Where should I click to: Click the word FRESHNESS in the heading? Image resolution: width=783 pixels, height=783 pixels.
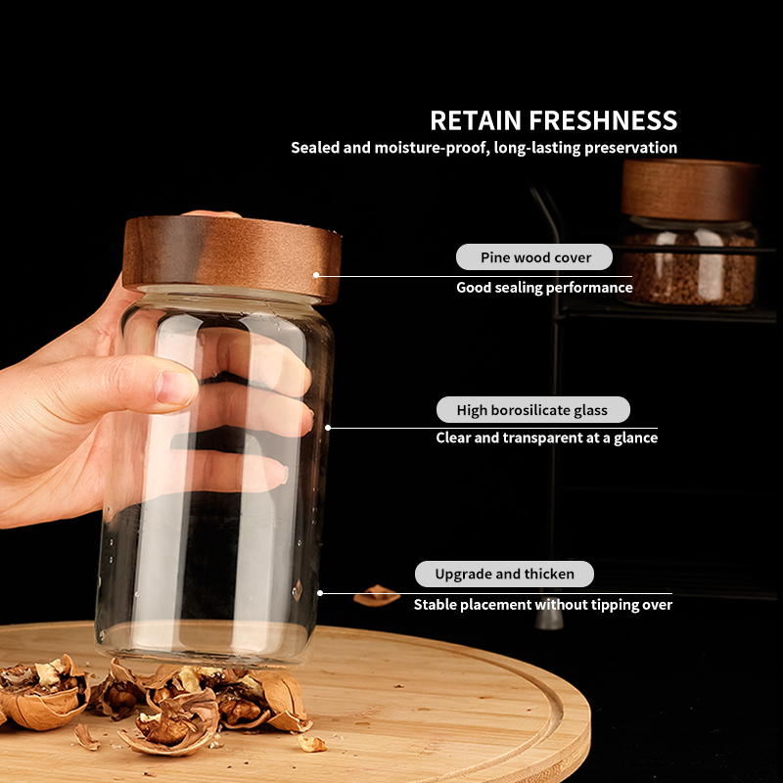tap(603, 121)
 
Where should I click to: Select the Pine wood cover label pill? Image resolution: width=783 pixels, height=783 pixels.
tap(535, 257)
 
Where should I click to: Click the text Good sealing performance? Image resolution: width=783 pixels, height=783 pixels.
tap(544, 288)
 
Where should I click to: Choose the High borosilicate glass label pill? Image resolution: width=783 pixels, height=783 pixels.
tap(531, 410)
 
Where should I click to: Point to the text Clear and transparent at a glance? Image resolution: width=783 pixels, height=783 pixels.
tap(546, 438)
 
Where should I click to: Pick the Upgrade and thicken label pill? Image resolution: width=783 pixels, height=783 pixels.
tap(504, 574)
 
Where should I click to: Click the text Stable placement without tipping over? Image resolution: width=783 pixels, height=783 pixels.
tap(542, 605)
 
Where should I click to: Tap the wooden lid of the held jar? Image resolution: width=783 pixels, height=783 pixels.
tap(232, 257)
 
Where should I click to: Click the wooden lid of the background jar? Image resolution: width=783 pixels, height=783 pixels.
tap(689, 189)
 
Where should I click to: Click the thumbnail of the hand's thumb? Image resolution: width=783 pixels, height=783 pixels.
tap(177, 387)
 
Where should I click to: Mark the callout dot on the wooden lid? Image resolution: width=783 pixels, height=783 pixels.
tap(316, 275)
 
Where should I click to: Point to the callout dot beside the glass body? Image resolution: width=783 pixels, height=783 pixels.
tap(328, 428)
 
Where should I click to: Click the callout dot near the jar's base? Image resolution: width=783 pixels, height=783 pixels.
tap(320, 592)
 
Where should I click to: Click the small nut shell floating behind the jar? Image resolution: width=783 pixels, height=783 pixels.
tap(377, 595)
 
